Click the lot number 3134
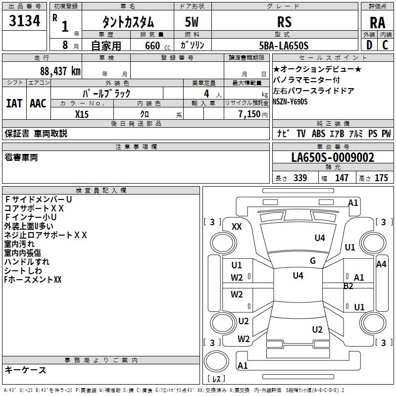coord(25,22)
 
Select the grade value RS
coord(284,22)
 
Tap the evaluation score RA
coord(377,23)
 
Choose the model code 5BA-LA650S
coord(284,46)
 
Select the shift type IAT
coord(14,103)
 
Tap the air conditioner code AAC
coord(38,103)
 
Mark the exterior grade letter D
coord(369,45)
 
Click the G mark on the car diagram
coord(313,261)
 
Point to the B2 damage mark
coord(348,286)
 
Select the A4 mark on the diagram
coord(381,264)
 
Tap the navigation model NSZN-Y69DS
coord(290,101)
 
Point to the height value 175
coord(381,178)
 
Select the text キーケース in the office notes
coord(25,370)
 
